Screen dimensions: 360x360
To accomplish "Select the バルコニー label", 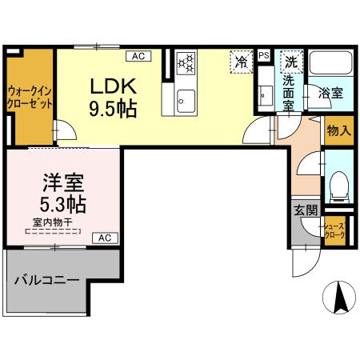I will click(x=46, y=282).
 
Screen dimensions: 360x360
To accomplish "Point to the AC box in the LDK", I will click(x=138, y=55).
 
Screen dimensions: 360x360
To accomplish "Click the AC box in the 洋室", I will click(x=105, y=238).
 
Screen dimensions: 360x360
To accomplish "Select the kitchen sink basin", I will click(x=185, y=99).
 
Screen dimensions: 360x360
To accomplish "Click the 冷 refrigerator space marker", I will click(x=240, y=60).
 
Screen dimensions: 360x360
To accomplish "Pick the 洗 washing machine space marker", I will click(x=292, y=61).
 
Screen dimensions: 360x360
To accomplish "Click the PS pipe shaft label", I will click(x=264, y=55).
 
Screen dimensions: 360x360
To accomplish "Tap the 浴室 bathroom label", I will click(x=331, y=93).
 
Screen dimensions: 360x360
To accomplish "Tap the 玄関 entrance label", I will click(x=305, y=210).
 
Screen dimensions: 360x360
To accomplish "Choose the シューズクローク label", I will click(x=334, y=232).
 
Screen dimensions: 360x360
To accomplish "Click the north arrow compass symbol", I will click(x=338, y=298).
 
